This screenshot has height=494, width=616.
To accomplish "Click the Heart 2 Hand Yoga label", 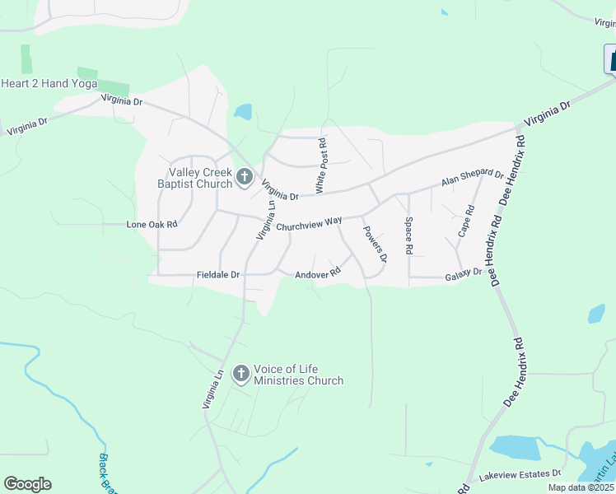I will [x=49, y=84].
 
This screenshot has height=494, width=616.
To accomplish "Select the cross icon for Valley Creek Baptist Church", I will [x=244, y=176].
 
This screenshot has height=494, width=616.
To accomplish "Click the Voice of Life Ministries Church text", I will [x=298, y=375].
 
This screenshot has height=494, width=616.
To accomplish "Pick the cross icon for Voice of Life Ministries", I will [x=240, y=375].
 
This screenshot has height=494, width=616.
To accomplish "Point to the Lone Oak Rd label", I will [x=152, y=224].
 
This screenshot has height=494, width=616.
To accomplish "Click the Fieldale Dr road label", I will [x=217, y=275].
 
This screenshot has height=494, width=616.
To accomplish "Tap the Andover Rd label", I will [x=318, y=274].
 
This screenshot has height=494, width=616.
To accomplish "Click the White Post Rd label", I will [x=322, y=167].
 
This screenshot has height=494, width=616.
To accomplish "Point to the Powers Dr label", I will [x=376, y=245].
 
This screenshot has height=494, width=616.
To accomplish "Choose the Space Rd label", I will [x=408, y=235].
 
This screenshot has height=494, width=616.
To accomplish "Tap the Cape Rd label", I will [x=467, y=221].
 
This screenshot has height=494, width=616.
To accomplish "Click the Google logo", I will [x=27, y=484].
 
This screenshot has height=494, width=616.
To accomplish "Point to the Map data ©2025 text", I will [x=581, y=487].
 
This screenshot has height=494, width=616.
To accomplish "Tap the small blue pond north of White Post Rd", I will [x=243, y=112].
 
